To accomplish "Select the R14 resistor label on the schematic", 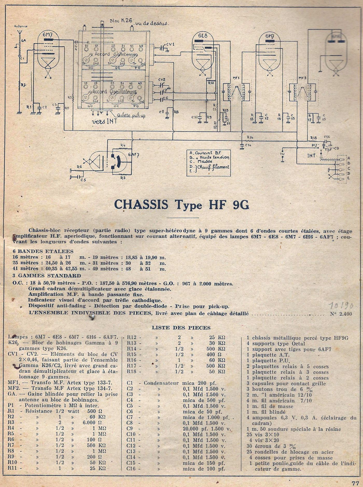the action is tap(250, 137).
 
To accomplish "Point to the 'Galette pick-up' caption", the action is tap(127, 115).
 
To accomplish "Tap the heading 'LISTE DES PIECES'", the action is tap(181, 328).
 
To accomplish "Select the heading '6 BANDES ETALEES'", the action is tap(43, 251).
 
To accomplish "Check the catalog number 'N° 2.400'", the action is tap(341, 314).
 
